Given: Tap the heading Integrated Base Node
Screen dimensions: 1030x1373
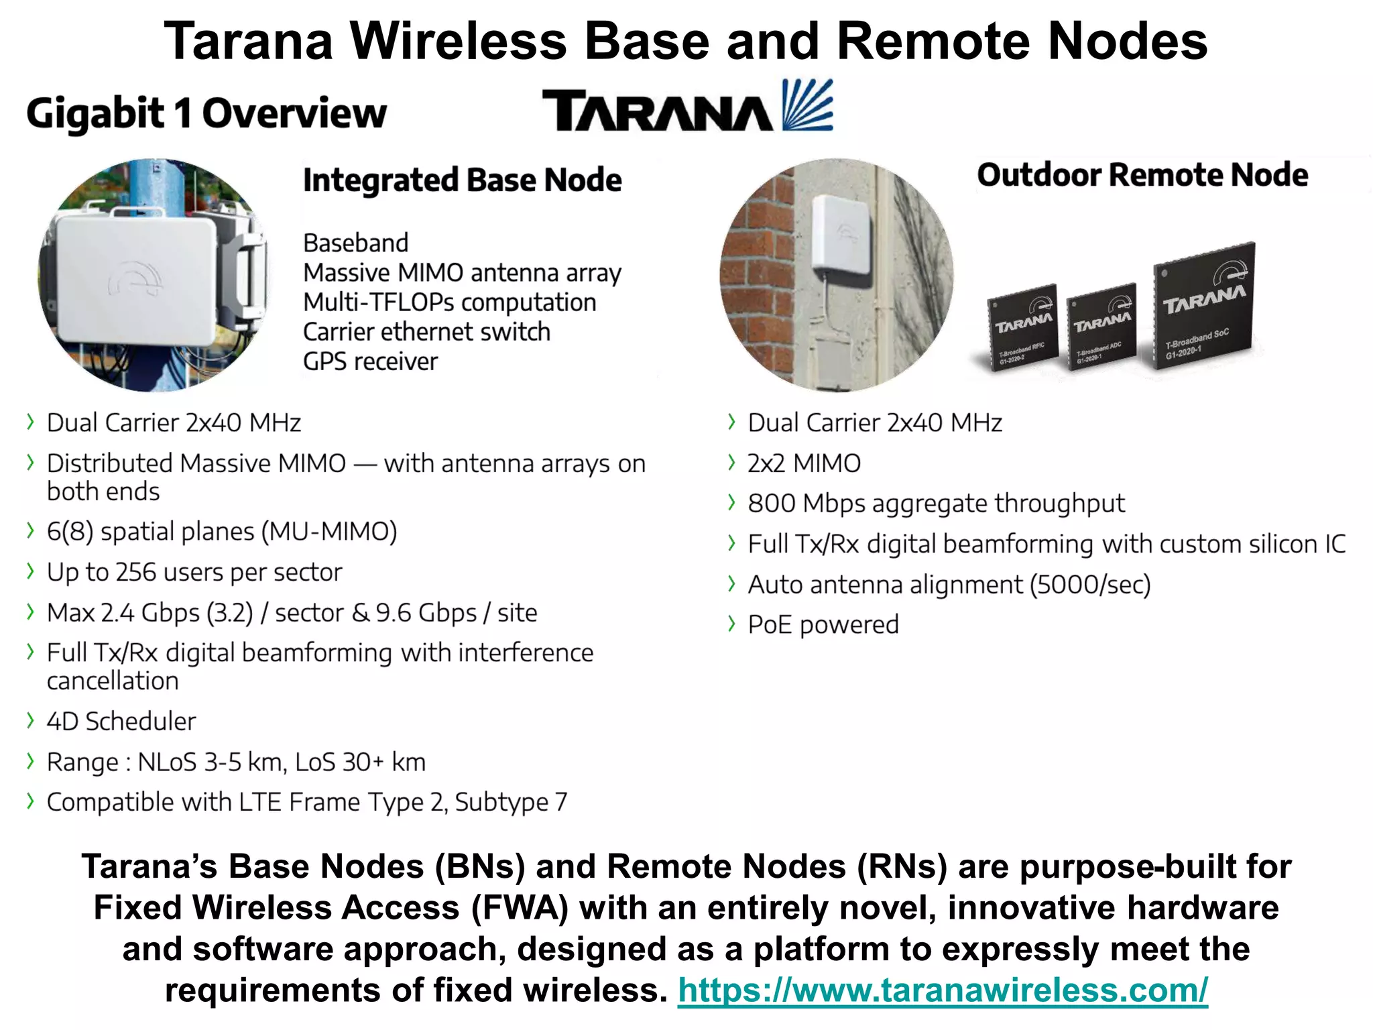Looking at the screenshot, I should [462, 180].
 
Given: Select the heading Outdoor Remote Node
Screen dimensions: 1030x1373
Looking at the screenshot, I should [1142, 175].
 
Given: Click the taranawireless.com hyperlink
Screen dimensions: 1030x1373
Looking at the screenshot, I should [942, 990].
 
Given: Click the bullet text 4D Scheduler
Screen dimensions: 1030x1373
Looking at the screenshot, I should [121, 722].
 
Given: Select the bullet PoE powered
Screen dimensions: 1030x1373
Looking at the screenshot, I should [823, 625].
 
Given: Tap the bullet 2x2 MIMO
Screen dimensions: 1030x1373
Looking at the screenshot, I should [804, 463].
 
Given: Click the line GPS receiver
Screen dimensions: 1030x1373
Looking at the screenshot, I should [370, 361].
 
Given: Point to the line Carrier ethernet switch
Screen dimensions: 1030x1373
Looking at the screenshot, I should [426, 332].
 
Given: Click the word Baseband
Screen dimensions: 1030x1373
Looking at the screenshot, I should [355, 243].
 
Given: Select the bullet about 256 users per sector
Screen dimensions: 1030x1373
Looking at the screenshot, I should [194, 572].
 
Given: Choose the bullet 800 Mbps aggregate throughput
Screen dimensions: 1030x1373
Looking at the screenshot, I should [936, 504].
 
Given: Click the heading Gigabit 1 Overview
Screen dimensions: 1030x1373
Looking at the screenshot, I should [206, 113].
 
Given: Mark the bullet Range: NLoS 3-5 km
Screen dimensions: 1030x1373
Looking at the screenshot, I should [236, 762].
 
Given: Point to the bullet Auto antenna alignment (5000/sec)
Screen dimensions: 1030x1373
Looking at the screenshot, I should [949, 585].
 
